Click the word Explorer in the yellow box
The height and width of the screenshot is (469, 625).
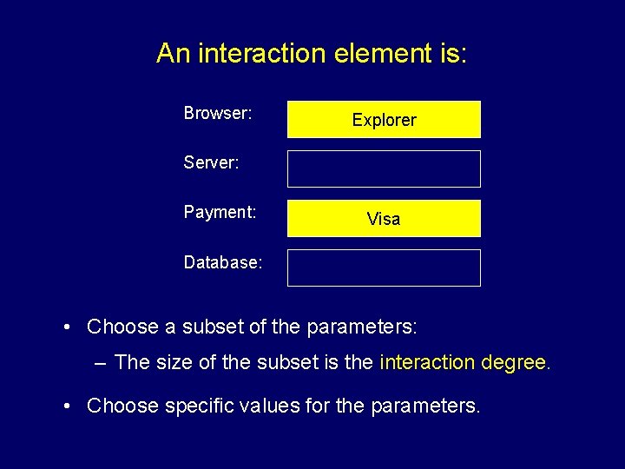384,120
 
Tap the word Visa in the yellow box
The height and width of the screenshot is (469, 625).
384,219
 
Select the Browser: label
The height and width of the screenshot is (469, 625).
218,113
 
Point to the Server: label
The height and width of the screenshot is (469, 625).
211,162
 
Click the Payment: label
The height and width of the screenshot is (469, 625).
220,212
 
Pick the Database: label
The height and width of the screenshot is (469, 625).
223,261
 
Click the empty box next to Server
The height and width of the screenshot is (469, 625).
384,168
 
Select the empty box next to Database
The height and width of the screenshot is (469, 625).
384,268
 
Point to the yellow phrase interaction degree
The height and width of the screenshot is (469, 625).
464,362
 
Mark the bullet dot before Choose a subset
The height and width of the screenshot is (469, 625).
67,327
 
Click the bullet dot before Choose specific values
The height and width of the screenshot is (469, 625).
67,406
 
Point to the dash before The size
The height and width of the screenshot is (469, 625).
101,362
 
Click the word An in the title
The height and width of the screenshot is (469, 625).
174,54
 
